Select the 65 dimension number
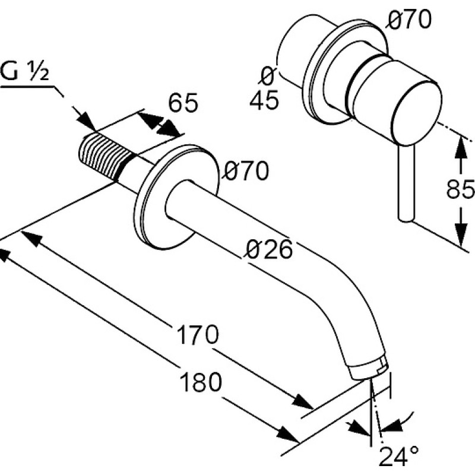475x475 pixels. click(x=183, y=102)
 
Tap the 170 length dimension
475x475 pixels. click(x=197, y=334)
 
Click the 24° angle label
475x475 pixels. click(x=399, y=456)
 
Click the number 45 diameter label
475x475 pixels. click(x=264, y=100)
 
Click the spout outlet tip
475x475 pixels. click(x=370, y=368)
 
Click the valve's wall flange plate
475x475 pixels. click(x=346, y=72)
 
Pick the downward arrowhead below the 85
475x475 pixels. click(x=461, y=234)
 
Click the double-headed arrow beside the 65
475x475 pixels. click(x=159, y=124)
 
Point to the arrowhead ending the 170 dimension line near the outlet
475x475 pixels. click(x=302, y=402)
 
